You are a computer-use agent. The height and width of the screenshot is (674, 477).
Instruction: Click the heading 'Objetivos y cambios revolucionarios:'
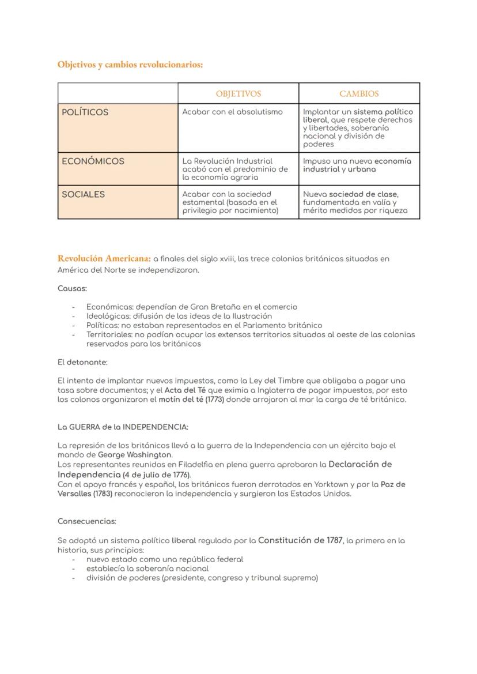coord(130,65)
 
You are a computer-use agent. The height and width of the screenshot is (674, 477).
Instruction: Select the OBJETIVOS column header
coord(238,93)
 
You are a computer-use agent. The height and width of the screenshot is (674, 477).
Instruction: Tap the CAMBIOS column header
coord(359,93)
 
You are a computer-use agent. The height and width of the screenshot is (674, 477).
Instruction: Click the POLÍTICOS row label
coord(85,112)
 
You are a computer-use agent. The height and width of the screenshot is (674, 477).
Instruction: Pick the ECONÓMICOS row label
coord(93,161)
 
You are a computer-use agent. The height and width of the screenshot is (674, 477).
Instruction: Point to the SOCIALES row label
coord(84,194)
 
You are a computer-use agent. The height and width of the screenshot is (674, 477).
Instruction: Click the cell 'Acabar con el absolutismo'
coord(232,112)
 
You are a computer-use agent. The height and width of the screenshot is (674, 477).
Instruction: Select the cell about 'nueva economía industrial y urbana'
coord(357,165)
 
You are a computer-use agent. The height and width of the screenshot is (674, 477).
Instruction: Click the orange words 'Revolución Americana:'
coord(104,258)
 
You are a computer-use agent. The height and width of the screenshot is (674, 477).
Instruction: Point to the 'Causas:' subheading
coord(72,288)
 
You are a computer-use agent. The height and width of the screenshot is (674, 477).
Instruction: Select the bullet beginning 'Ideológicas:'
coord(179,316)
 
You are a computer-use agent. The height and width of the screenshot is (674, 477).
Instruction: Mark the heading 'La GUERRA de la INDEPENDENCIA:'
coord(123,427)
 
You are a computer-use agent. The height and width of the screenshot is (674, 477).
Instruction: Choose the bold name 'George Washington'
coord(135,455)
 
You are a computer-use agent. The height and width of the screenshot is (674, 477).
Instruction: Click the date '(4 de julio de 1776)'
coord(156,475)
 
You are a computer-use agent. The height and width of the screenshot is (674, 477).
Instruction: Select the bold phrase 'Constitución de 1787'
coord(300,540)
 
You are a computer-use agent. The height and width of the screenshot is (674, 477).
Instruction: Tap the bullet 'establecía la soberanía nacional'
coord(147,568)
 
